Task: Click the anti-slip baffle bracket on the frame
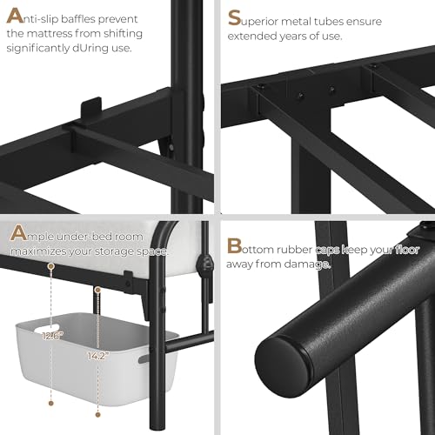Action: point(89,112)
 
